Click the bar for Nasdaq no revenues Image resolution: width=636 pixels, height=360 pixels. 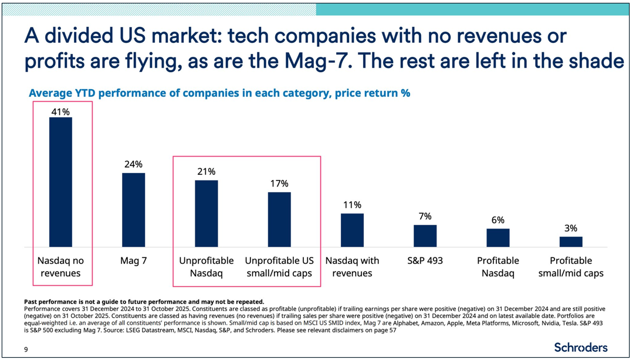click(x=60, y=182)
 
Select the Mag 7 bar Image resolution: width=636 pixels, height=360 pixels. click(x=133, y=210)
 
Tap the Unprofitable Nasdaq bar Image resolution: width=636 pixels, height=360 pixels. click(x=206, y=213)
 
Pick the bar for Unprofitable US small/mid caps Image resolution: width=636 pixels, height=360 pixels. click(x=279, y=219)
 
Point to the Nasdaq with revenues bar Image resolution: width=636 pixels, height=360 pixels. click(x=352, y=230)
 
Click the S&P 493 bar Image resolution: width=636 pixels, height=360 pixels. click(x=425, y=236)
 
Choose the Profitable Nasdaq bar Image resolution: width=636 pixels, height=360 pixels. click(x=498, y=237)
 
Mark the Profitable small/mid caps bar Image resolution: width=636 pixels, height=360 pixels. click(x=571, y=242)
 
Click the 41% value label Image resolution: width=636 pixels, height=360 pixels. click(x=60, y=111)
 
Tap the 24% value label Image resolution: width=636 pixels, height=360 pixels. click(x=133, y=164)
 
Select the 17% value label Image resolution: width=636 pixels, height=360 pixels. click(x=279, y=184)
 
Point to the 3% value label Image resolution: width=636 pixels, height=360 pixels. click(x=571, y=228)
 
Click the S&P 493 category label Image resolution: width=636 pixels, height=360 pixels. click(x=425, y=260)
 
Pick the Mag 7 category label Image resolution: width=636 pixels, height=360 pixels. click(x=133, y=260)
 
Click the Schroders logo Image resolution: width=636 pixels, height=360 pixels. click(x=580, y=347)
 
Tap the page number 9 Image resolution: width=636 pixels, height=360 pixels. click(x=26, y=349)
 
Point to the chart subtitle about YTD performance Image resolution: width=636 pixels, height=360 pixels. click(x=219, y=93)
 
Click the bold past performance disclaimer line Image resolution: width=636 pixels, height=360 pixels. click(x=144, y=301)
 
